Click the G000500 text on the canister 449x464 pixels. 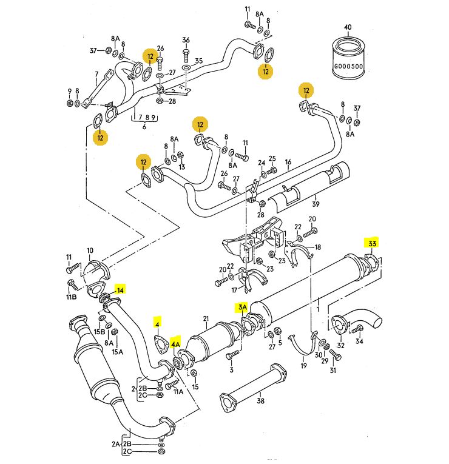[348, 67]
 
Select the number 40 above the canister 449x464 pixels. [348, 27]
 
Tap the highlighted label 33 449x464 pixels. [372, 244]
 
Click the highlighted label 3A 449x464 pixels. [243, 308]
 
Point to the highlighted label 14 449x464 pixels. [120, 290]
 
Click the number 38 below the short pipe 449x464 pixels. [260, 401]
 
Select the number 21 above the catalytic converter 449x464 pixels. [206, 319]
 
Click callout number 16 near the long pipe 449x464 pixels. [288, 162]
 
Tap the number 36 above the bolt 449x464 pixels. [186, 40]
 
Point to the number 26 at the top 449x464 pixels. [161, 48]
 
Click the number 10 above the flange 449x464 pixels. [90, 250]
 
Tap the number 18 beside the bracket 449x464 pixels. [318, 247]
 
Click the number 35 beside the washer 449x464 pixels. [198, 61]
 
